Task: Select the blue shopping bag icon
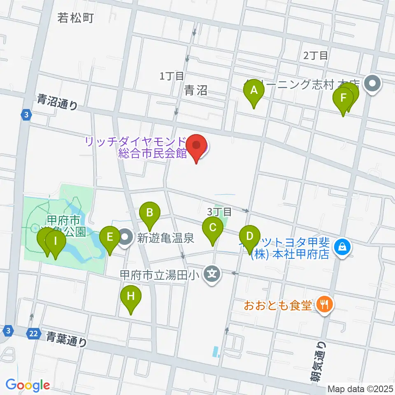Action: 342,247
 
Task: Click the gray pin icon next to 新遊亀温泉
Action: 125,237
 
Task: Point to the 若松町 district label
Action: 76,18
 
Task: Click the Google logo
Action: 28,385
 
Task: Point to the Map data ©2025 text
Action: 360,388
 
